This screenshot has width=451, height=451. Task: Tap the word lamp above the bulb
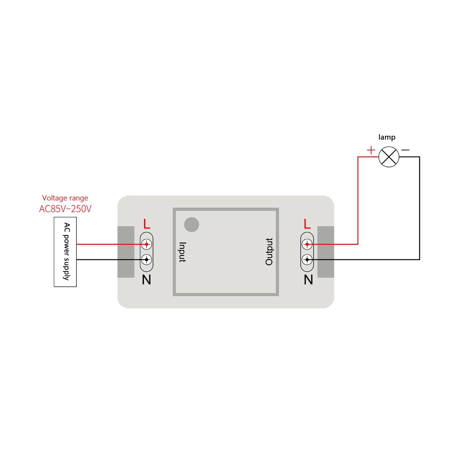tap(387, 137)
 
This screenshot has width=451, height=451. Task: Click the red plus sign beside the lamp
tap(371, 150)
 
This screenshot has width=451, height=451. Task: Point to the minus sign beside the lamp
tap(405, 150)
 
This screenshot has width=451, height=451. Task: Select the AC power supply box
tap(65, 252)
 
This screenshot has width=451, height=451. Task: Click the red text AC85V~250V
tap(65, 209)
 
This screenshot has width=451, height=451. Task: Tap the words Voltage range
tap(65, 198)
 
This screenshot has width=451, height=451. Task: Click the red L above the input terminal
tap(147, 224)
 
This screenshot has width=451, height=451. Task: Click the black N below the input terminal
tap(147, 280)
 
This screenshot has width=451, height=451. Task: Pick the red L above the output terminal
tap(307, 224)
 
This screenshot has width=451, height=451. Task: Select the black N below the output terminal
tap(308, 280)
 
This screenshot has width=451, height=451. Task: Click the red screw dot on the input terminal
tap(147, 244)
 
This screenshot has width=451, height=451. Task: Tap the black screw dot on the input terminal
tap(147, 260)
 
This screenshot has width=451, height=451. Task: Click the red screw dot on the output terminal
tap(307, 244)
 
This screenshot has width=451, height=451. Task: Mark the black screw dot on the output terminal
tap(307, 260)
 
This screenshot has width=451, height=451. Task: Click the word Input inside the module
tap(182, 252)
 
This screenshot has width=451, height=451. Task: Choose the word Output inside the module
tap(269, 252)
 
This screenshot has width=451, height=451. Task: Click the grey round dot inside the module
tap(192, 225)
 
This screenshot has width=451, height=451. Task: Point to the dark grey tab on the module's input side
tap(126, 252)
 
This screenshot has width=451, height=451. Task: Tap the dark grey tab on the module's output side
tap(326, 252)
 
